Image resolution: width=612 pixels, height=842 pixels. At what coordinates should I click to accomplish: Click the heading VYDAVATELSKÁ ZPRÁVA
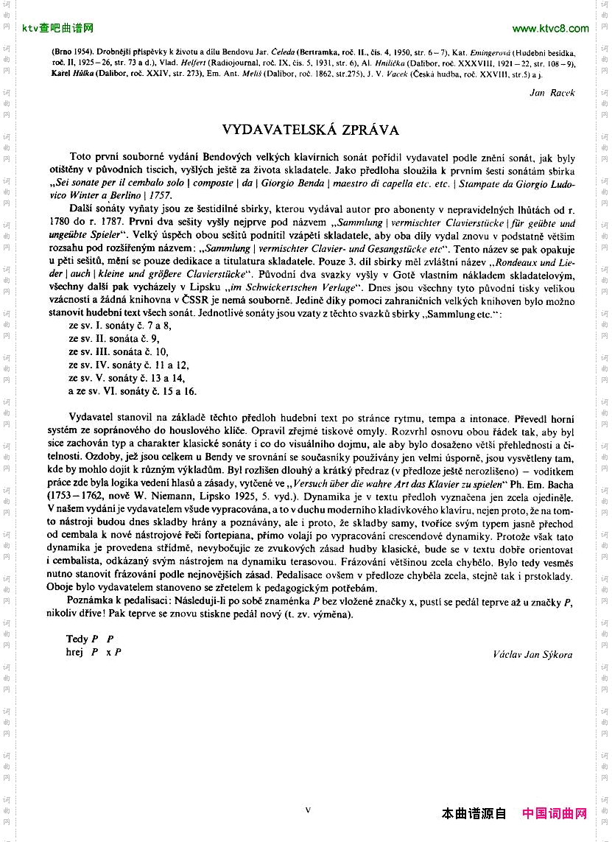pos(310,130)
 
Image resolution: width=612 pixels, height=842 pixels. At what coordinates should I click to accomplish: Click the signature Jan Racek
pos(552,92)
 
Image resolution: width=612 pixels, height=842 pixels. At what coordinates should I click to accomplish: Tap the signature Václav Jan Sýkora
pos(532,654)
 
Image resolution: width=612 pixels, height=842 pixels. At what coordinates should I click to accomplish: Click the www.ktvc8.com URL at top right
pos(550,29)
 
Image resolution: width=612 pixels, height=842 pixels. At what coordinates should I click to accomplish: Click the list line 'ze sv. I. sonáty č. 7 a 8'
pos(119,325)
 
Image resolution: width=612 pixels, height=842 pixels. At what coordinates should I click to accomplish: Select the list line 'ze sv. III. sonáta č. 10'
pos(119,351)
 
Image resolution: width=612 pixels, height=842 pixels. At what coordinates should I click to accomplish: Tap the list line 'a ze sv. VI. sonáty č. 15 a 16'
pos(132,391)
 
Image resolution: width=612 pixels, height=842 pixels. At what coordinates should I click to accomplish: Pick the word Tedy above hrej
pos(77,639)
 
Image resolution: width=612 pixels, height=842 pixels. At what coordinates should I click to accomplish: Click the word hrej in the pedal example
pos(75,652)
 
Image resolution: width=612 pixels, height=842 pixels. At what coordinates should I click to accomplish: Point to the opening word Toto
pos(80,158)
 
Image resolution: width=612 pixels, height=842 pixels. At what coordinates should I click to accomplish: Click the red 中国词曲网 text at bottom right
pos(555,814)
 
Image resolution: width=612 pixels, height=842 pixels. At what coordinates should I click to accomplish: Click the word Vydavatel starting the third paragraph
pos(94,418)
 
